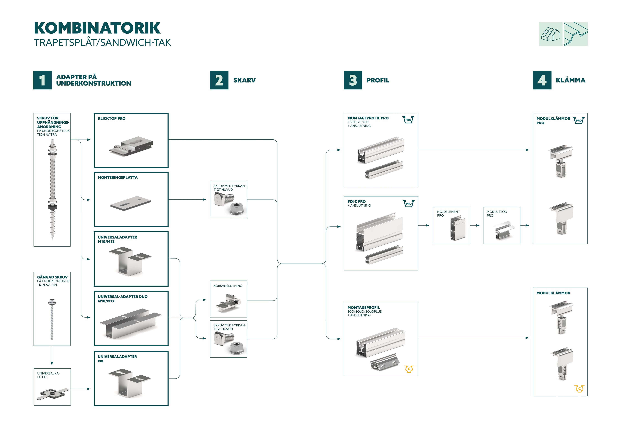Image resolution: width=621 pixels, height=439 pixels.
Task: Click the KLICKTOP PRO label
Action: tap(111, 119)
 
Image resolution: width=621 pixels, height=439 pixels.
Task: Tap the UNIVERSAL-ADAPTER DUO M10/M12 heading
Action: tap(123, 299)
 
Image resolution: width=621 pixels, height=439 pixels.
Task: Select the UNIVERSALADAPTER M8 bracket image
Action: tap(130, 382)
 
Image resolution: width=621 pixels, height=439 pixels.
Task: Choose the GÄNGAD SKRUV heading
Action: tap(52, 277)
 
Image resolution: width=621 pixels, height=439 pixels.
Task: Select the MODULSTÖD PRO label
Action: tap(497, 214)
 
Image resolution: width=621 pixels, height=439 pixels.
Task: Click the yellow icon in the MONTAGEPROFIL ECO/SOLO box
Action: tap(409, 369)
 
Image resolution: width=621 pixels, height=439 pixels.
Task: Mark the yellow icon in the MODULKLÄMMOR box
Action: tap(579, 389)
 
